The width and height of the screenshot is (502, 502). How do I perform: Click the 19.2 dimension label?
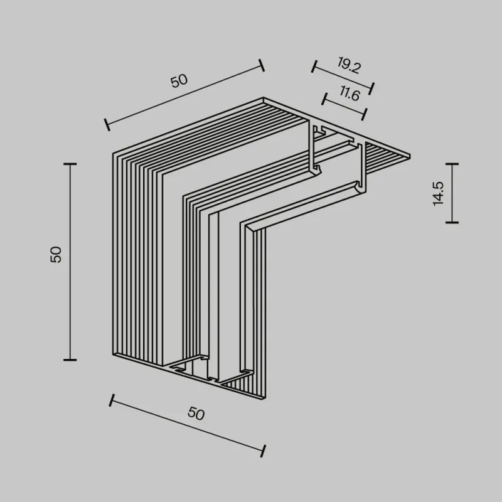349,65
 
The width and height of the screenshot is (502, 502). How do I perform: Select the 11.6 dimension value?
350,93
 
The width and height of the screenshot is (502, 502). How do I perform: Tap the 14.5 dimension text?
438,193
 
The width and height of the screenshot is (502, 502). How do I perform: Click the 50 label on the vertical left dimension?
56,255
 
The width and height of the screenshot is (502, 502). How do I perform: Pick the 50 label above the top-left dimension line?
179,81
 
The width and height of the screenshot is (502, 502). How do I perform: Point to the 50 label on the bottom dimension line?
196,413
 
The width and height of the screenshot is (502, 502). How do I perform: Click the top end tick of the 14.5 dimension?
452,164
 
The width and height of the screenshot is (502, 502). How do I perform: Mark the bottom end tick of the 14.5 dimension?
452,222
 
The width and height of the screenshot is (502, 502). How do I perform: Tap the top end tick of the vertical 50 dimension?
70,164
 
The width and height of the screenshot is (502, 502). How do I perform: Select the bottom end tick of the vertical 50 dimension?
70,360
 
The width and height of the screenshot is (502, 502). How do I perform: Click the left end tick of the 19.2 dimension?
314,67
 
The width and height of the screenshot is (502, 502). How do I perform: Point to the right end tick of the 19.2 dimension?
371,88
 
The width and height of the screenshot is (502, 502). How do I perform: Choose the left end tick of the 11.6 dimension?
325,99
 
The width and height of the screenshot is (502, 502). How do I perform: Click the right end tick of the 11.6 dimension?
364,114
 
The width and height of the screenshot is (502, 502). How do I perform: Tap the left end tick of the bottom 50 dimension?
112,400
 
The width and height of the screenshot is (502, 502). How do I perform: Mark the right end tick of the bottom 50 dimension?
263,451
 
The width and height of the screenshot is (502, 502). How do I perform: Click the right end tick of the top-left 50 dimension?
262,65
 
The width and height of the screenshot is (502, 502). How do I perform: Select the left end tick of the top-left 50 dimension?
107,124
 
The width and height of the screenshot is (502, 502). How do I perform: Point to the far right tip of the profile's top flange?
410,156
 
